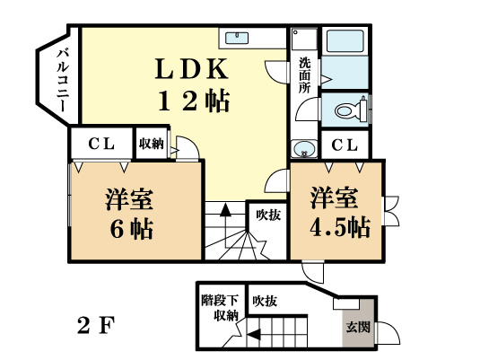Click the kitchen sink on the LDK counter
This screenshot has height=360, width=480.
click(x=239, y=38)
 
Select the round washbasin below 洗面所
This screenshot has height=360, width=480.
click(x=304, y=149)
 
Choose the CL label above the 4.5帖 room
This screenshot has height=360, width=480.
click(x=345, y=145)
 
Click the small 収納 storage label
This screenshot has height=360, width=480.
click(x=151, y=144)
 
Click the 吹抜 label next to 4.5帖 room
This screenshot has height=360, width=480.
click(x=266, y=215)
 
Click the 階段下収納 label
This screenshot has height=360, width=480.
click(x=219, y=307)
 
